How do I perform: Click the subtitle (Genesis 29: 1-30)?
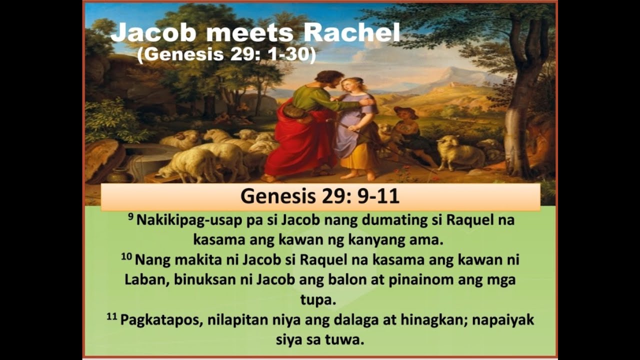pyautogui.click(x=226, y=54)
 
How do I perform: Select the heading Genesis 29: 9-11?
pyautogui.click(x=320, y=196)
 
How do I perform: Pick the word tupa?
pyautogui.click(x=320, y=300)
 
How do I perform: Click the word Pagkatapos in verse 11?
pyautogui.click(x=159, y=320)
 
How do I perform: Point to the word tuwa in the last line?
pyautogui.click(x=344, y=340)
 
